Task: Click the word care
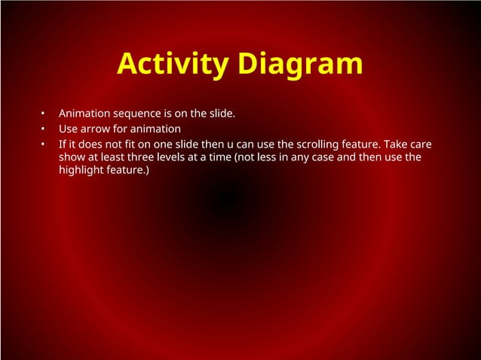[x=422, y=143]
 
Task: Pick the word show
[x=72, y=157]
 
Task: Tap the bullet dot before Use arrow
[x=44, y=130]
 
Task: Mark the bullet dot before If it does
[x=44, y=144]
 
